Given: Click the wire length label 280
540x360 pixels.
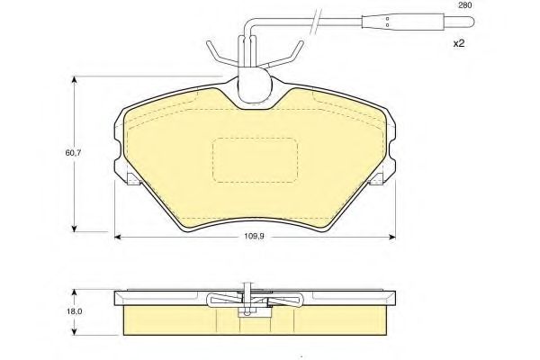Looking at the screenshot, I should (464, 5).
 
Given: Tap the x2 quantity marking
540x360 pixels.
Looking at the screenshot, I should (457, 43).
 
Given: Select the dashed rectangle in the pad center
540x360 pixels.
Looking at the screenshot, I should (255, 160).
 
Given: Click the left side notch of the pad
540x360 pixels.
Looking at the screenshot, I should (130, 179).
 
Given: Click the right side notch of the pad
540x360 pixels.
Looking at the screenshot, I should (376, 179).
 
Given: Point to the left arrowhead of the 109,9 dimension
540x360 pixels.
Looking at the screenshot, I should (119, 237).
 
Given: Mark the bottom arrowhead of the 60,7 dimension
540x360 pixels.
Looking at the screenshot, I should (74, 227).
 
